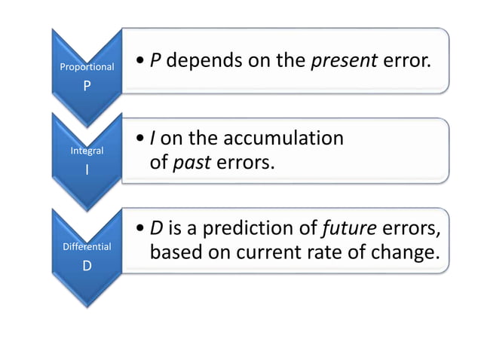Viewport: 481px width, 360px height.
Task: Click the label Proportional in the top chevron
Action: [x=87, y=67]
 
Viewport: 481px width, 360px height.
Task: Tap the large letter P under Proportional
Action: [x=87, y=86]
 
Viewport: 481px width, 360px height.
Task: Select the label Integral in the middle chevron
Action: [x=87, y=151]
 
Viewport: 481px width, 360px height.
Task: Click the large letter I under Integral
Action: [x=87, y=170]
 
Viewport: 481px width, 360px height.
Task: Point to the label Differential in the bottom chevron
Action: [x=87, y=246]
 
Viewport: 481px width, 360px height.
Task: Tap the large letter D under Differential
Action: [x=87, y=265]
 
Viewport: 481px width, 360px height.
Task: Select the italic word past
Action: [x=191, y=162]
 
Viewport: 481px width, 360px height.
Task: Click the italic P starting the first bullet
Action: [x=155, y=60]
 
